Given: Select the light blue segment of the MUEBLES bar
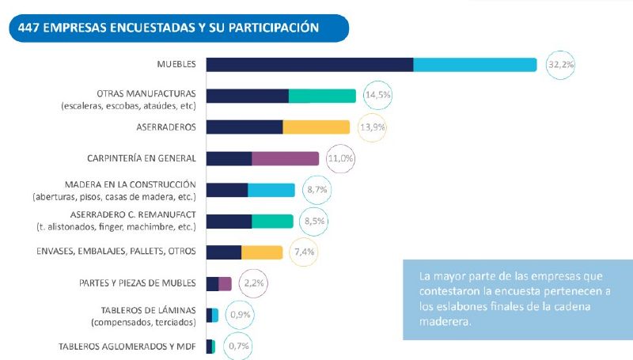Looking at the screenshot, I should click(475, 65).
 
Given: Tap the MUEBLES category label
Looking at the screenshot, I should click(176, 65).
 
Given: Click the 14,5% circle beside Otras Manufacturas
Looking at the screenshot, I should click(377, 96).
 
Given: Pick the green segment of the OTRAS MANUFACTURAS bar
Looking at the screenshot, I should click(322, 96).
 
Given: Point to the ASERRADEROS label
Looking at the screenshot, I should click(166, 127).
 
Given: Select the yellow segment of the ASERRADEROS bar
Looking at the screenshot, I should click(316, 127).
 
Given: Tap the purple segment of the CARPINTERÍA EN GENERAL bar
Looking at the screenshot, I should click(285, 158).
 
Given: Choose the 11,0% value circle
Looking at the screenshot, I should click(340, 158).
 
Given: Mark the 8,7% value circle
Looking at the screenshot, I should click(317, 190).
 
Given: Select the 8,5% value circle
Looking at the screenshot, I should click(315, 221).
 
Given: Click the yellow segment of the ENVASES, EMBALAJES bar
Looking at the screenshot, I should click(262, 252).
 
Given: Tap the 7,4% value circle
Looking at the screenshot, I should click(305, 252).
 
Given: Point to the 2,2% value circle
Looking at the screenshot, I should click(253, 283).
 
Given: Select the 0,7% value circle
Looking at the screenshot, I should click(236, 346).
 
